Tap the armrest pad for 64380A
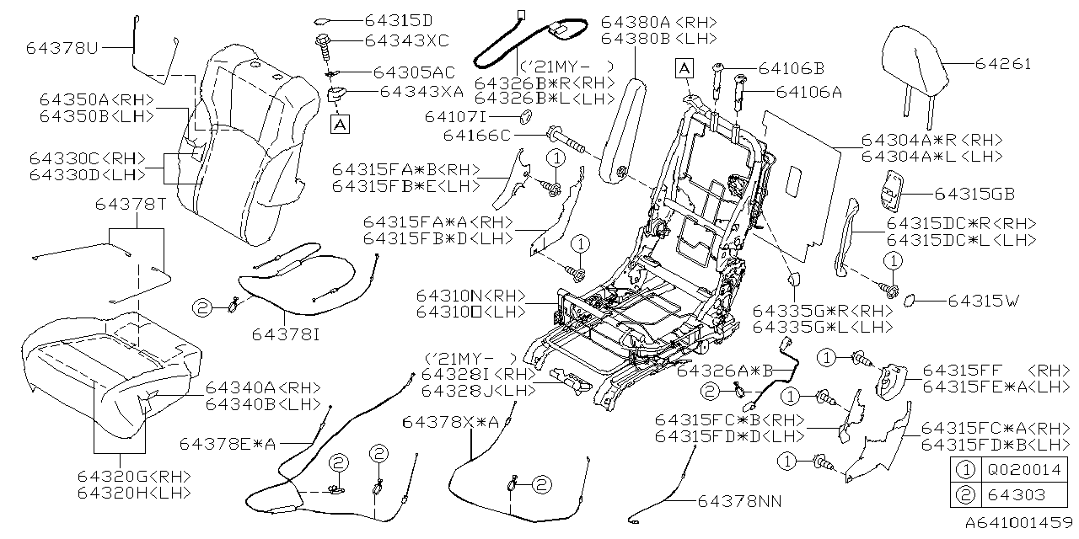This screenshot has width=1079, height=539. [623, 126]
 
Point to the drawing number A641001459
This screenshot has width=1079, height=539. [1017, 522]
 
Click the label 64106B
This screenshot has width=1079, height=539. [790, 67]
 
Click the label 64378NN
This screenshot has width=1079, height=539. [738, 501]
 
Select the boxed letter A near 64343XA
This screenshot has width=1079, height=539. [341, 125]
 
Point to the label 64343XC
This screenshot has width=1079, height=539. [407, 40]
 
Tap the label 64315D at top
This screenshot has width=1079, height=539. [399, 19]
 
